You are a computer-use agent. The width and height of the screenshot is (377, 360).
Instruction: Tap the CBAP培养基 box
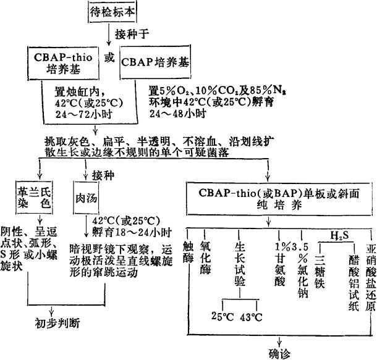coord(156,62)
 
